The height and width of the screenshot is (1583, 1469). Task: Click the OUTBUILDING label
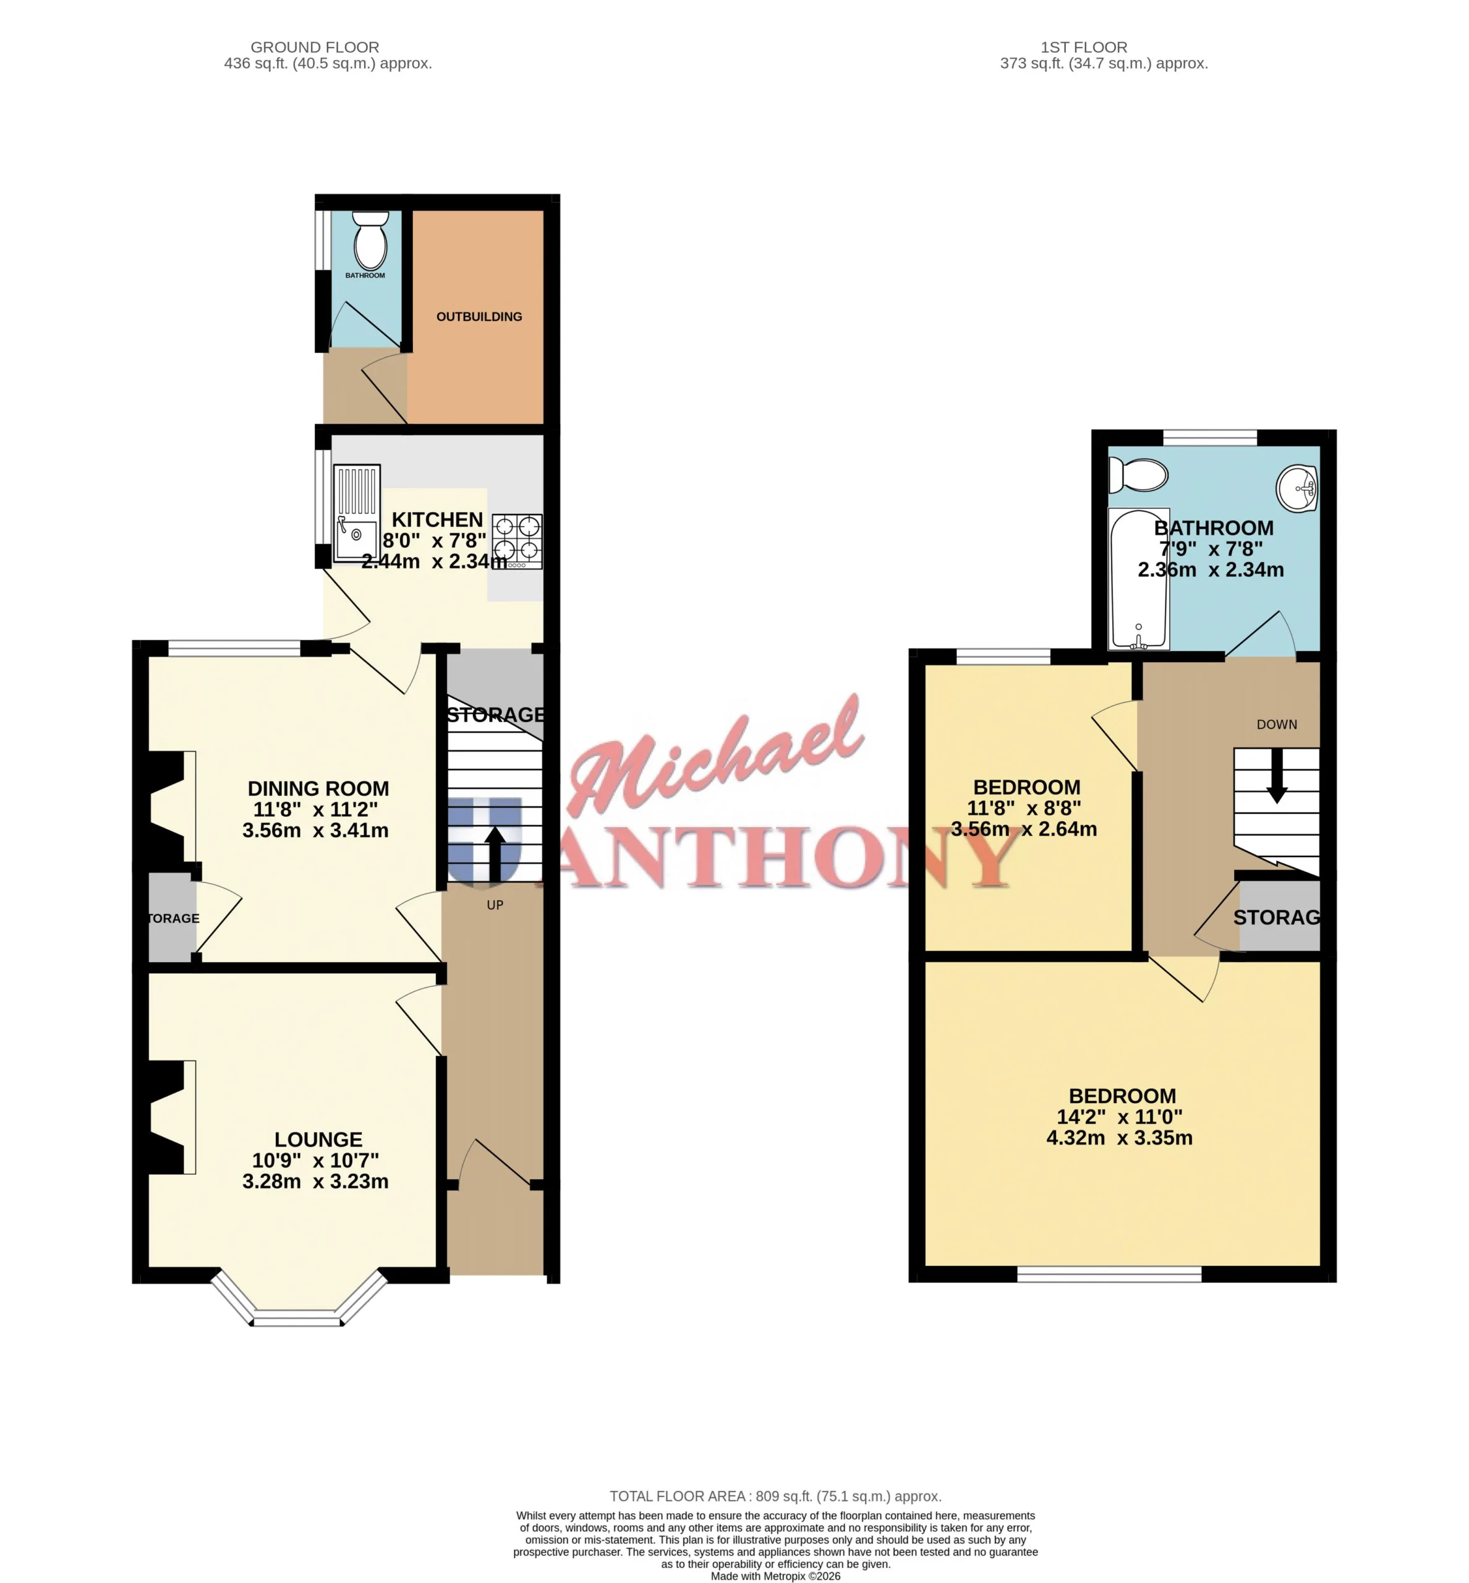[x=479, y=317]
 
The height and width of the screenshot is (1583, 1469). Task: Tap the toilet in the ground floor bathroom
[x=370, y=240]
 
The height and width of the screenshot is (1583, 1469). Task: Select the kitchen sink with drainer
[x=357, y=514]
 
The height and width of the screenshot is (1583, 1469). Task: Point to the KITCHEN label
[x=437, y=520]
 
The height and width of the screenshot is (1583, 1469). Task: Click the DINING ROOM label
[x=318, y=788]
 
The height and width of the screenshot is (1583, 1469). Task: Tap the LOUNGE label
[x=318, y=1140]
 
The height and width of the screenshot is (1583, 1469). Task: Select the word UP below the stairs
[x=495, y=905]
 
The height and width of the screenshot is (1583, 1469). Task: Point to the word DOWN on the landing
[x=1277, y=724]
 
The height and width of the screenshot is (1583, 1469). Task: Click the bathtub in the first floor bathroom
[x=1139, y=579]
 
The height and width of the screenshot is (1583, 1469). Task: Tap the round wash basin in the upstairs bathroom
[x=1297, y=487]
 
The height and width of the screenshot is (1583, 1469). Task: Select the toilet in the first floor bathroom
[x=1138, y=476]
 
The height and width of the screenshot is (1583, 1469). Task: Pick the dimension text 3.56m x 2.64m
[x=1024, y=829]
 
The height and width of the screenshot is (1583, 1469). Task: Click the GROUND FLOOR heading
[x=315, y=48]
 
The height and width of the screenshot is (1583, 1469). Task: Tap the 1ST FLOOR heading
[x=1084, y=48]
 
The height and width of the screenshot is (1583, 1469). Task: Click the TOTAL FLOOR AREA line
[x=775, y=1496]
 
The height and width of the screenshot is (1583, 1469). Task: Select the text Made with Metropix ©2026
[x=775, y=1576]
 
